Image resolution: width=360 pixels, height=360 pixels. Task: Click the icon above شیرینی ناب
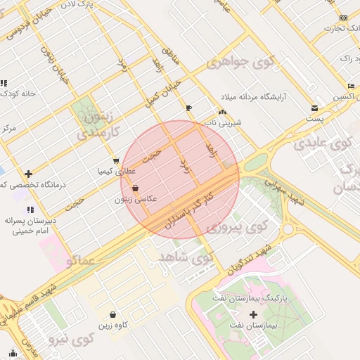click(x=222, y=112)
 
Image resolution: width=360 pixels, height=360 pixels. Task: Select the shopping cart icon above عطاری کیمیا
click(x=116, y=160)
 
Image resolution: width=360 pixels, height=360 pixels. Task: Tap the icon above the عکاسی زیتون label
click(x=135, y=188)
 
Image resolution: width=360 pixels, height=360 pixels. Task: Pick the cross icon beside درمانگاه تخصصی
click(x=28, y=174)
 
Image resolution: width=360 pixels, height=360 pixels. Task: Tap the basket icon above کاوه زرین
click(x=112, y=314)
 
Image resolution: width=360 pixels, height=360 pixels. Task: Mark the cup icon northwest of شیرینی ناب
click(x=188, y=107)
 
